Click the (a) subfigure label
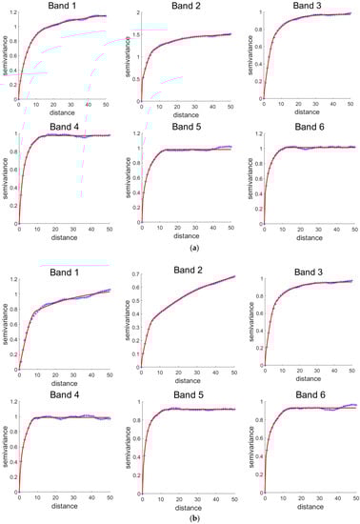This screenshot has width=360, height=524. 181,246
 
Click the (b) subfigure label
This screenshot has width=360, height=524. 181,515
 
